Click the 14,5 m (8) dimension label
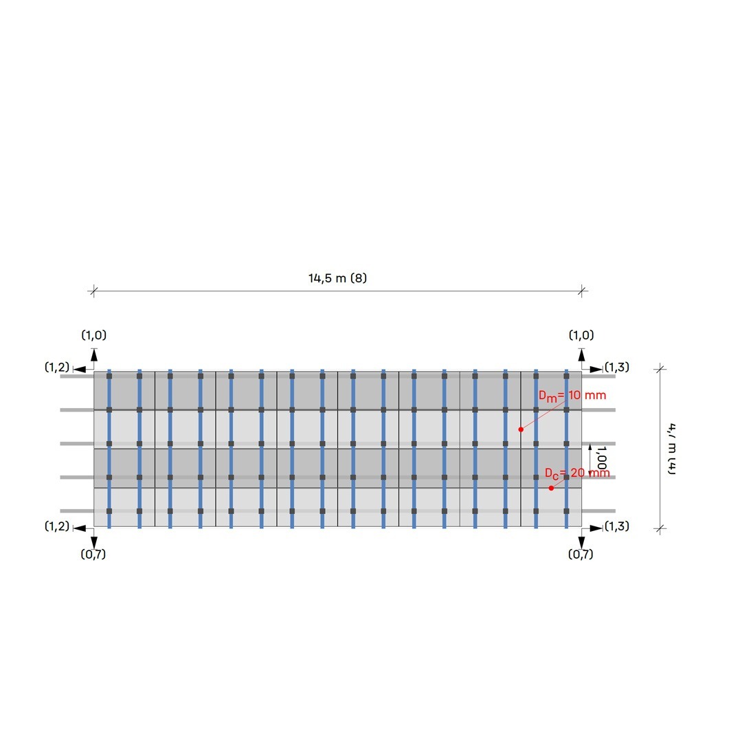tap(337, 278)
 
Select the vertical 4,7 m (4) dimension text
tap(671, 449)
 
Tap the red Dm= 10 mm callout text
tap(572, 396)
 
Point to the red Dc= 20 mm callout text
tap(577, 473)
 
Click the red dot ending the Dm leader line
tap(521, 429)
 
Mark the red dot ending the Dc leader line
tap(551, 488)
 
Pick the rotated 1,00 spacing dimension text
tap(602, 458)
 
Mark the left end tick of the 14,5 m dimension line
tap(93, 291)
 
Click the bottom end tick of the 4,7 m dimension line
tap(661, 528)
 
